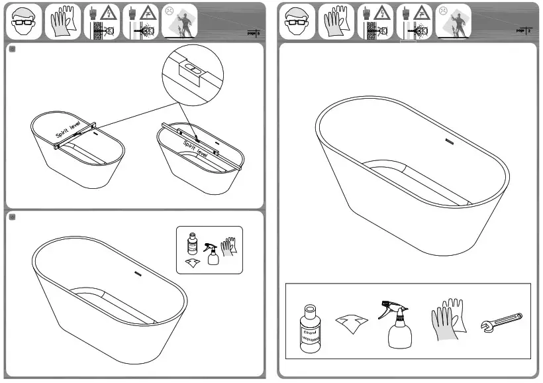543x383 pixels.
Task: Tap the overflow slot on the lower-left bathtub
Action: coord(139,274)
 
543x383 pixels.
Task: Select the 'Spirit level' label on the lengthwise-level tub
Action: coord(195,147)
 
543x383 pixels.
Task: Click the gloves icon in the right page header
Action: coord(335,21)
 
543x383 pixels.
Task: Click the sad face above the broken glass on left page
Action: coord(170,11)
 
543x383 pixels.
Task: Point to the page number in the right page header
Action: coord(528,30)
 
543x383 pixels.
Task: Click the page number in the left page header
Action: coord(257,30)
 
